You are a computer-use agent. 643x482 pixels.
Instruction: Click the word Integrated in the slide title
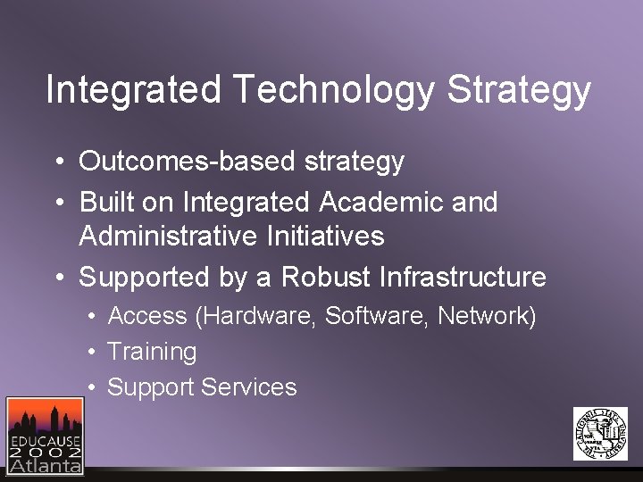(x=133, y=91)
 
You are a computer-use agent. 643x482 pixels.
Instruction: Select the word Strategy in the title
(x=519, y=91)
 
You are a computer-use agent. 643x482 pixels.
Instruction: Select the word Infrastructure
(x=463, y=278)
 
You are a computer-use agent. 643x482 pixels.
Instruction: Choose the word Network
(x=483, y=317)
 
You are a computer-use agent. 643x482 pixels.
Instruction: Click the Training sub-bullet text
(x=152, y=352)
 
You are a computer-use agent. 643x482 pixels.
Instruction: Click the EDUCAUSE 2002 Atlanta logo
(x=45, y=435)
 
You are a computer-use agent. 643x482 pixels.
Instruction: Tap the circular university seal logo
(x=600, y=433)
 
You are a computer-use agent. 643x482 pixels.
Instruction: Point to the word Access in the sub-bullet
(x=147, y=317)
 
